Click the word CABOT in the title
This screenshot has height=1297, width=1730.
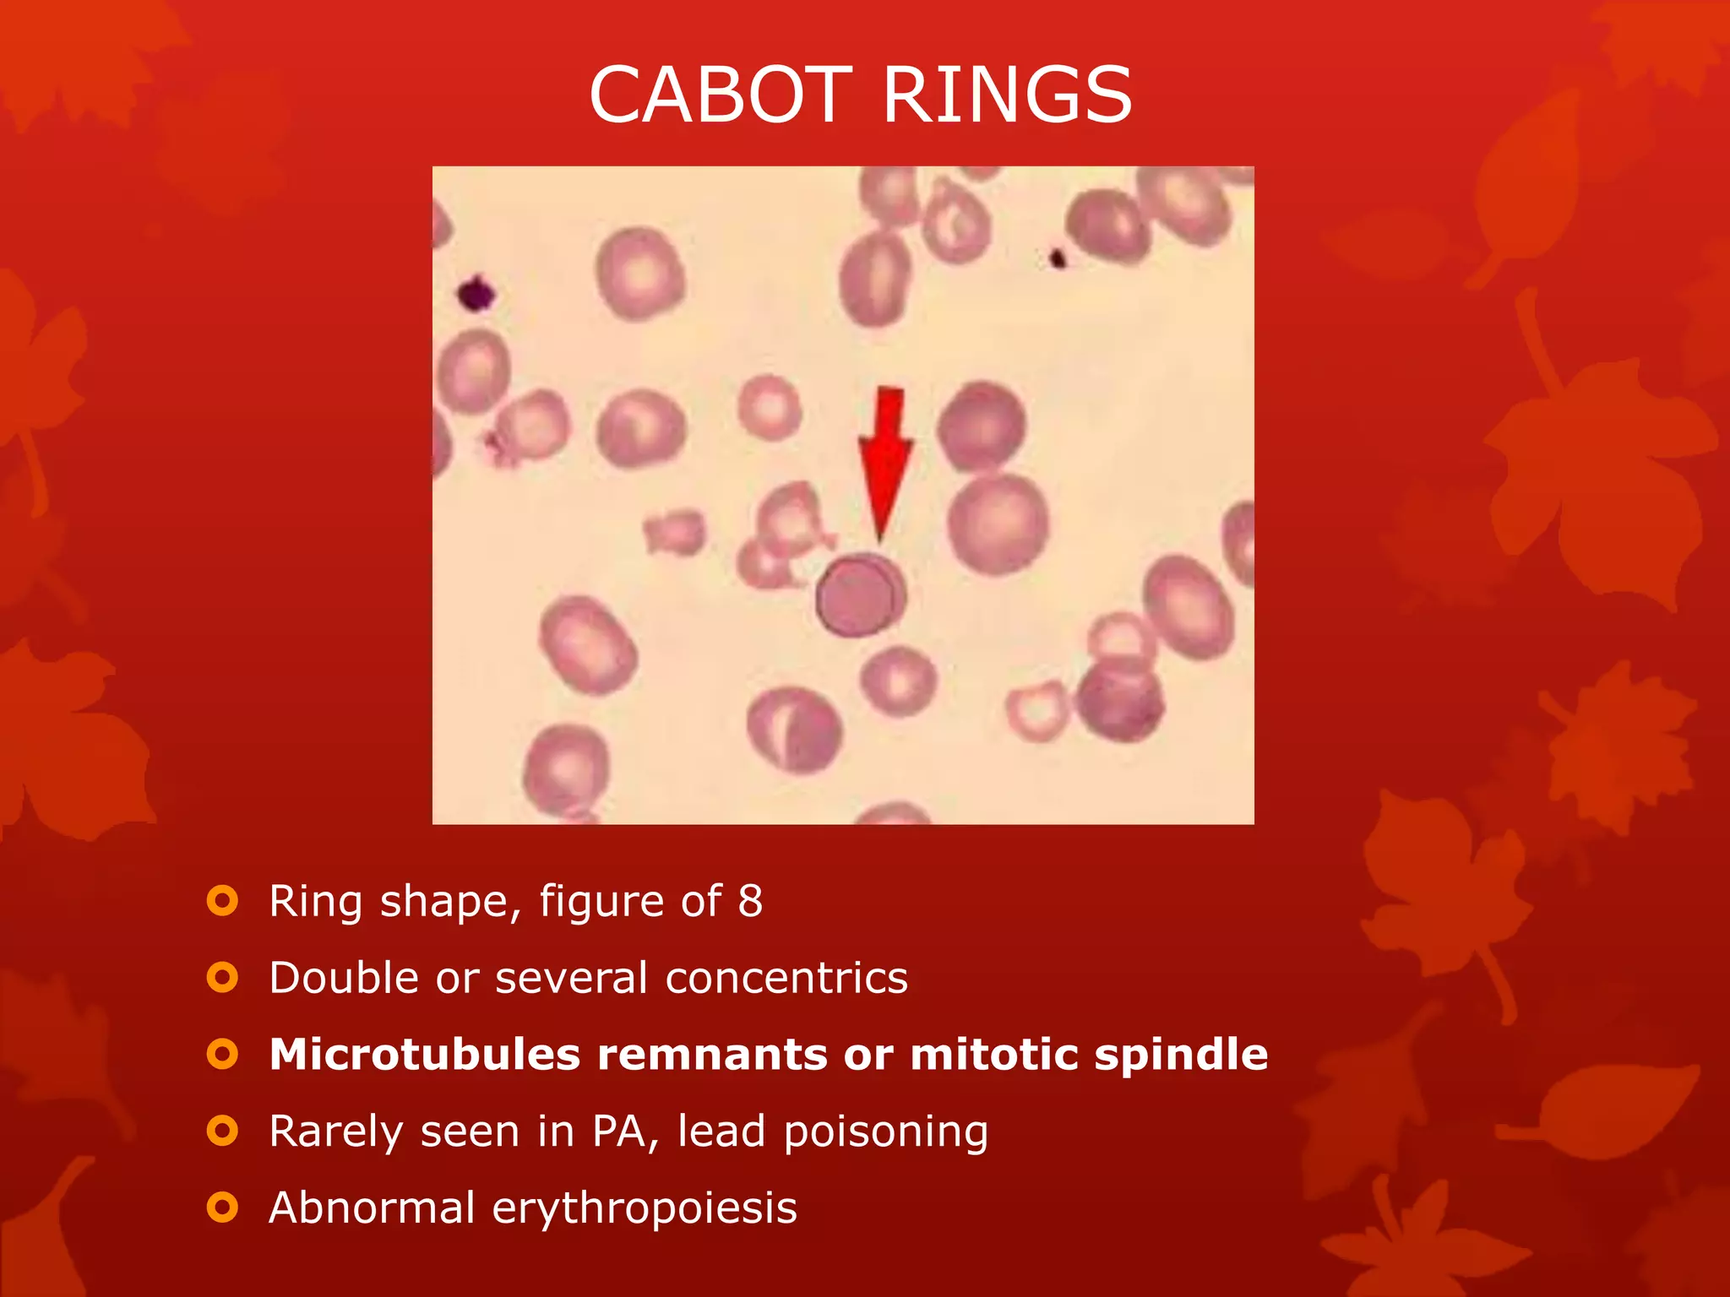(x=721, y=95)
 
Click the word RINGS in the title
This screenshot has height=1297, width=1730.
(x=1007, y=95)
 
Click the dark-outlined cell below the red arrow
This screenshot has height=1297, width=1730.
(x=860, y=596)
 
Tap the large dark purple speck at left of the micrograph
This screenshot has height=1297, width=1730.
(x=476, y=294)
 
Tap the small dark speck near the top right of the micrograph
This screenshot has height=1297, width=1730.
(x=1057, y=258)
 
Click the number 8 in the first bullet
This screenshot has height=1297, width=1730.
(x=750, y=901)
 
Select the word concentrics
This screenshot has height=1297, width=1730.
(x=786, y=978)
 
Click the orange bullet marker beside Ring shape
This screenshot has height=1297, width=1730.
(x=222, y=901)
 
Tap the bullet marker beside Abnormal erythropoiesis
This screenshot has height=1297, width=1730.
(x=222, y=1207)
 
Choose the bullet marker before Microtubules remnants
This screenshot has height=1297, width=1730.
(x=222, y=1054)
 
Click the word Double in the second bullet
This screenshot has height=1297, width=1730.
(x=344, y=978)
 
